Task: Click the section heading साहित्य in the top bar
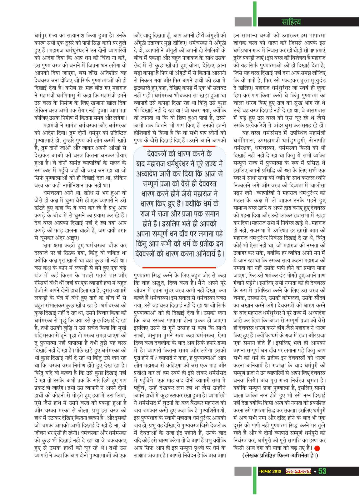(291, 22)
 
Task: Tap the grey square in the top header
(243, 22)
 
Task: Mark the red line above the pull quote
(179, 146)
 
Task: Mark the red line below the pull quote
(179, 268)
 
